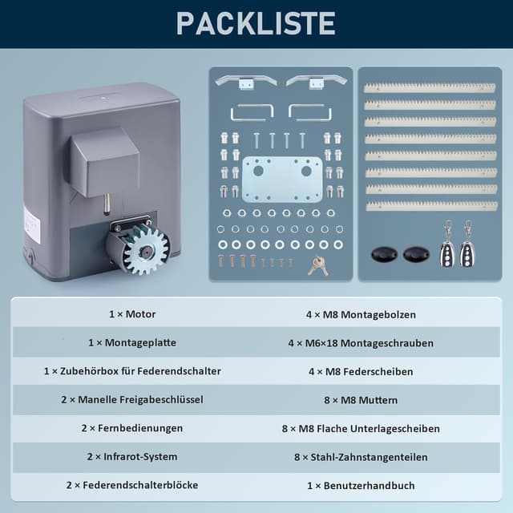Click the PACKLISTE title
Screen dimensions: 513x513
[x=256, y=23]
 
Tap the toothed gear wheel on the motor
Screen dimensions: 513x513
[x=146, y=249]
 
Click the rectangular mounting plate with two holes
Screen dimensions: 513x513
[x=282, y=179]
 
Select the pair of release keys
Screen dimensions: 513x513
[x=317, y=265]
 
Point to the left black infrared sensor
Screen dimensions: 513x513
[x=384, y=254]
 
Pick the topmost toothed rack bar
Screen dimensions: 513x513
[x=430, y=87]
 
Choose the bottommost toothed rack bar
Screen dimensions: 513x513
[x=431, y=206]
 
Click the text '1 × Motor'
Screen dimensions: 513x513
[x=132, y=314]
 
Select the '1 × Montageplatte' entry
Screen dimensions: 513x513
[x=132, y=342]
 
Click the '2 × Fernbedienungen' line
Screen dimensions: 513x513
[x=132, y=428]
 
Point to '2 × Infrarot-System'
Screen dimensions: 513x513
[x=132, y=456]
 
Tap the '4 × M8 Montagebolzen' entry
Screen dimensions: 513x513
[x=361, y=315]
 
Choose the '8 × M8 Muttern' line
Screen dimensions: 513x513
[x=361, y=400]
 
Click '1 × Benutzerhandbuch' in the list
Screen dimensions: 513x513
[x=361, y=486]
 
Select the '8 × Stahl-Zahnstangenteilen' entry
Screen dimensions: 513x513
[x=361, y=457]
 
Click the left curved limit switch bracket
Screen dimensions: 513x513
[x=246, y=81]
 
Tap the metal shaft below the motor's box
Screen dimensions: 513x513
[x=107, y=204]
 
